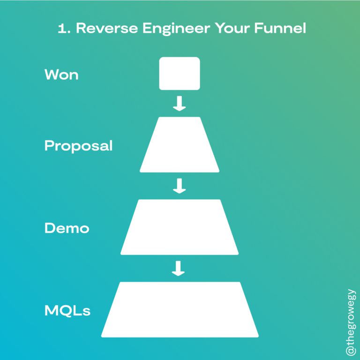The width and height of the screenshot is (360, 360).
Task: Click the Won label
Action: tap(61, 75)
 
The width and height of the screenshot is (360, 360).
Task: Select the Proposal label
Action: tap(78, 146)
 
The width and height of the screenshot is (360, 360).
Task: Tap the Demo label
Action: tap(67, 228)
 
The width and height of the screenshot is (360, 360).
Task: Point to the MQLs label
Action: tap(67, 310)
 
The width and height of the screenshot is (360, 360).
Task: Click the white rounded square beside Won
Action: tap(180, 74)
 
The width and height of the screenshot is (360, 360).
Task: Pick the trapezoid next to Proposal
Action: tap(180, 145)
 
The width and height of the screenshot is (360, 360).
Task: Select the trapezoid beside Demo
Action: tap(180, 227)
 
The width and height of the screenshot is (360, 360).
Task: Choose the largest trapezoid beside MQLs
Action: tap(180, 310)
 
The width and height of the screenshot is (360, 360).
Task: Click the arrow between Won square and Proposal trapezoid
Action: tap(180, 104)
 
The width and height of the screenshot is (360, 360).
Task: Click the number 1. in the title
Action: tap(63, 29)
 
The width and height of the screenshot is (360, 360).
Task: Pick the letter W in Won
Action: tap(52, 75)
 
